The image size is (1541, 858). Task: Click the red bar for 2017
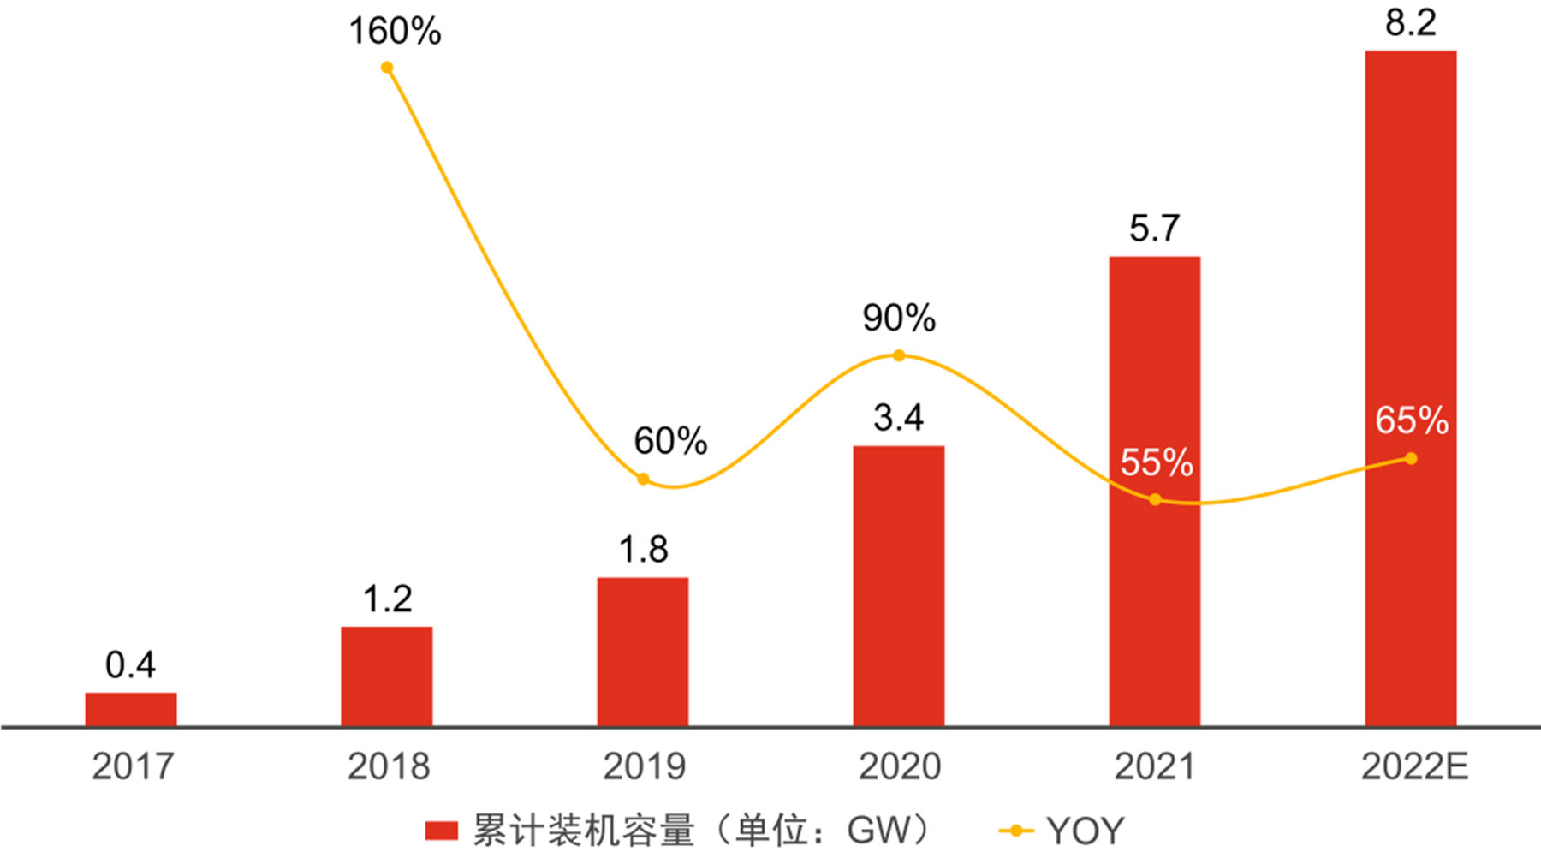coord(131,709)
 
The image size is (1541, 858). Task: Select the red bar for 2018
coord(387,676)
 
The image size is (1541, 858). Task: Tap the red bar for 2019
coord(643,652)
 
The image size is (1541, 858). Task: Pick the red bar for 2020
coord(899,586)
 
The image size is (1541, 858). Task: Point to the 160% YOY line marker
coord(387,68)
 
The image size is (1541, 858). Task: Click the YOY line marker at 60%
coord(643,479)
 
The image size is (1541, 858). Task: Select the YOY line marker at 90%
coord(899,355)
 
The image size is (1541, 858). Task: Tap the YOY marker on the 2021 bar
coord(1155,499)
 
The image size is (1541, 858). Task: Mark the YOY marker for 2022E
coord(1411,459)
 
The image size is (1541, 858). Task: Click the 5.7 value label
coord(1155,229)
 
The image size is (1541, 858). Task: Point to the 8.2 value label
coord(1411,22)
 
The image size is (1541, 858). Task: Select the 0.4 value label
coord(131,665)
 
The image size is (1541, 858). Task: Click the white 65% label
coord(1412,420)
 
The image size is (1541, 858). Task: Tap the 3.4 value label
coord(899,418)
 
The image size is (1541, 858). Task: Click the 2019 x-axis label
coord(644,766)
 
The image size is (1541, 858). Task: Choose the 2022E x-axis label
coord(1414,766)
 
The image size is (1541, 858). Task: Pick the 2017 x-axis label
coord(133,766)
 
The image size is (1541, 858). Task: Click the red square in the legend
coord(442,831)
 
